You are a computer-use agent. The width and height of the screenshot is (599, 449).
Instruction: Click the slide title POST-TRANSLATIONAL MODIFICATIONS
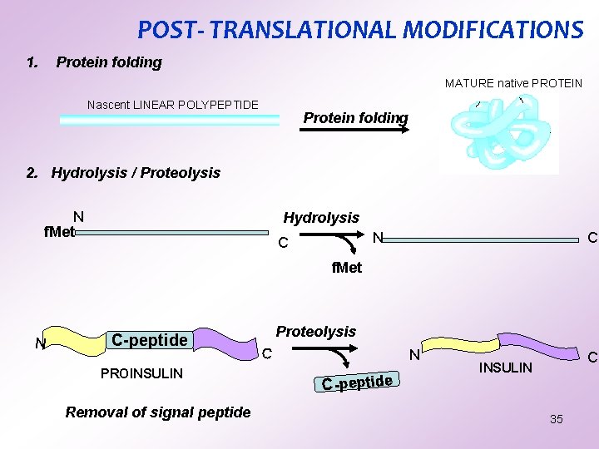point(359,30)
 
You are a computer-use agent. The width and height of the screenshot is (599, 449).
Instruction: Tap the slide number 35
point(556,419)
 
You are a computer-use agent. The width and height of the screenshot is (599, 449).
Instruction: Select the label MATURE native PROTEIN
point(513,83)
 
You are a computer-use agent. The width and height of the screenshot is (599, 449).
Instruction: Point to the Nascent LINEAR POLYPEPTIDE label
point(173,105)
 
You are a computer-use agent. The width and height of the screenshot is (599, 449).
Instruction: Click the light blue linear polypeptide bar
point(169,120)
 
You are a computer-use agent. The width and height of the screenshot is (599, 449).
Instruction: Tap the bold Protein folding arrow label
point(355,118)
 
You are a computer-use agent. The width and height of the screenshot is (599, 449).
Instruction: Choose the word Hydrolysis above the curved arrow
point(321,218)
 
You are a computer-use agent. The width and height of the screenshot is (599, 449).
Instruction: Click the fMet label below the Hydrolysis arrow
point(346,268)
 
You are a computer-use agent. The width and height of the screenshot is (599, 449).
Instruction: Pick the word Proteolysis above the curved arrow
point(315,332)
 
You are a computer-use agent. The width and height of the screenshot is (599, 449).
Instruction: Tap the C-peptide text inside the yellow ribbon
point(149,340)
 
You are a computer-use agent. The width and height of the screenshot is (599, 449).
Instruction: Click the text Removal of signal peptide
point(157,412)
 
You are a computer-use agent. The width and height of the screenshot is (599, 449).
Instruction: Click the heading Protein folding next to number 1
point(109,62)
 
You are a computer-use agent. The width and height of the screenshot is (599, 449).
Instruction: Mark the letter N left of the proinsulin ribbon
point(39,343)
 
